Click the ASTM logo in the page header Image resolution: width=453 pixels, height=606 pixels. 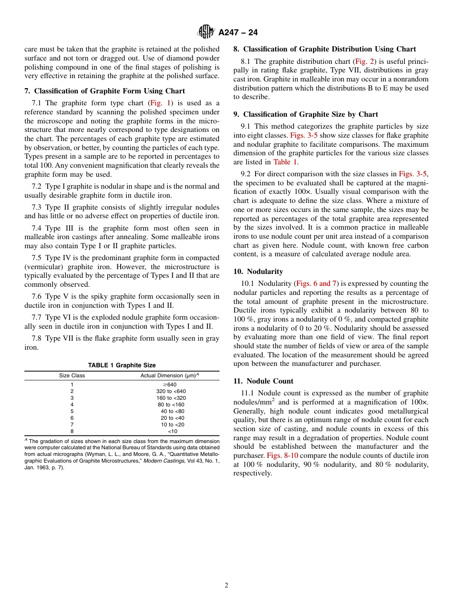[x=206, y=32]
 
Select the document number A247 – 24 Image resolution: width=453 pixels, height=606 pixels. [x=238, y=32]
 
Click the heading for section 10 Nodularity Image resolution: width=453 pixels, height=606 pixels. [x=258, y=272]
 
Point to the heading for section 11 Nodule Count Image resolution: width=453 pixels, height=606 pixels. [x=263, y=381]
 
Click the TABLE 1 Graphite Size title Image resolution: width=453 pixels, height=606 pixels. [x=122, y=365]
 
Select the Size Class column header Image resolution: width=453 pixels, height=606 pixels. [x=72, y=375]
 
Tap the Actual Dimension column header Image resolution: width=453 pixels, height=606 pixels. [x=169, y=375]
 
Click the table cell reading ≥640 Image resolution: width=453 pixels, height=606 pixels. [x=169, y=384]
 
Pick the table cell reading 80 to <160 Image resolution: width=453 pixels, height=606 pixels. [x=171, y=404]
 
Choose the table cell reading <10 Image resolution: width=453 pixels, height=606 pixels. [x=172, y=431]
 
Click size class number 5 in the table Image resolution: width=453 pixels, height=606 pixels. [x=72, y=411]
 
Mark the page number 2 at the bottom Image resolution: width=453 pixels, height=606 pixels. [x=226, y=586]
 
